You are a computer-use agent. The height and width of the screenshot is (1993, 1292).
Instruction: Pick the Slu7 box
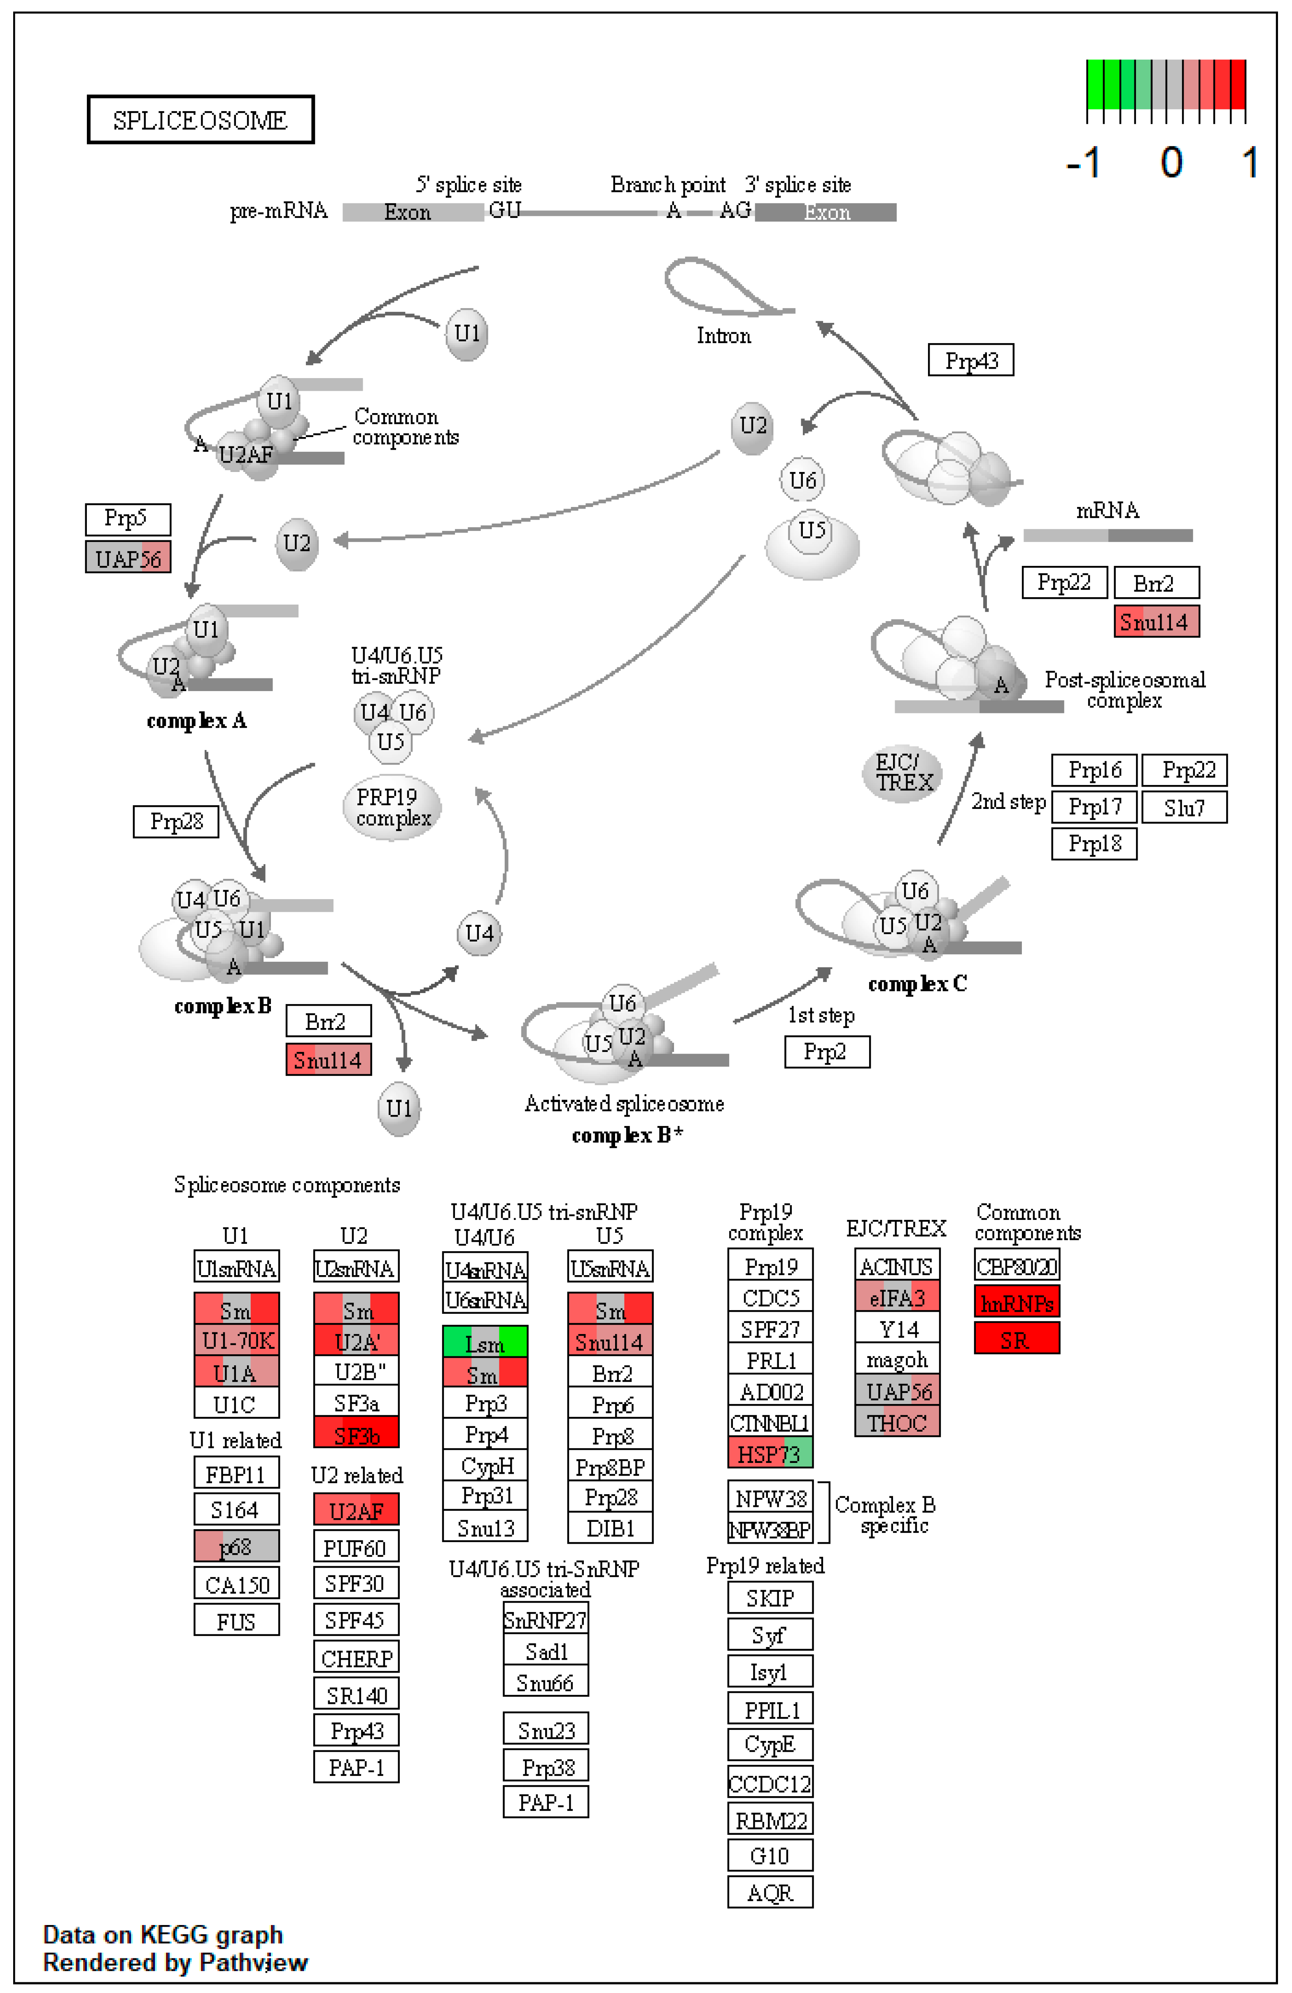1184,807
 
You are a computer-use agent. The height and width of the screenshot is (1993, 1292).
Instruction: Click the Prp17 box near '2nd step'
1094,807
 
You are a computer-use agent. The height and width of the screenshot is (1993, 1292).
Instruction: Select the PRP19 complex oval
393,807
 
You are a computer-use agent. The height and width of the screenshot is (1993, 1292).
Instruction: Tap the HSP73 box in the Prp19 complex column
770,1454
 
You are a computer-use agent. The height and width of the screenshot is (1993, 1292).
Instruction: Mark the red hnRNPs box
1017,1303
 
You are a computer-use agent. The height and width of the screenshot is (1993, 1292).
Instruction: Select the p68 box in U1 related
236,1546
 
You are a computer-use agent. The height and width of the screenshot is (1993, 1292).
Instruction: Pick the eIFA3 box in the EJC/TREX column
897,1297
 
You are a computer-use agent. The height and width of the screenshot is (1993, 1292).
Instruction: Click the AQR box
770,1893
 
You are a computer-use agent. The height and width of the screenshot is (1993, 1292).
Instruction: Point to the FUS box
236,1621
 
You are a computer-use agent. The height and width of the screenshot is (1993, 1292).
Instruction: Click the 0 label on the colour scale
1171,161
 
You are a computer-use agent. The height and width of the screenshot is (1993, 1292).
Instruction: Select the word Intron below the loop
723,336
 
